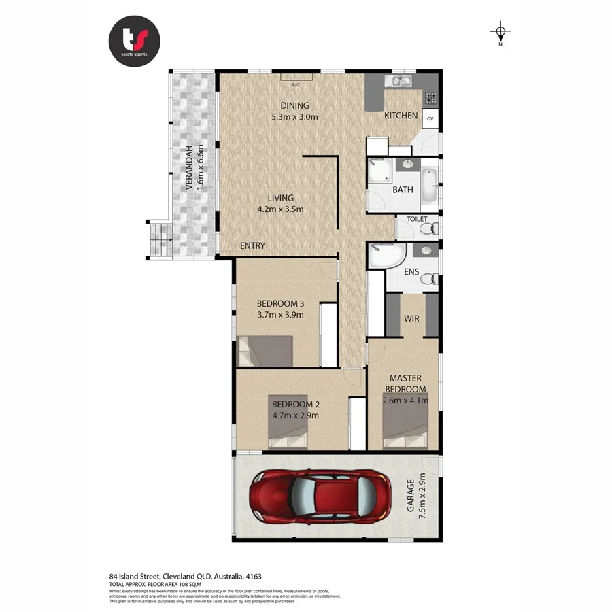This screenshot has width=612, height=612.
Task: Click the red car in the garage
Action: coord(320,496)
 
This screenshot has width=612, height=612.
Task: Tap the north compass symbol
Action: coord(501,31)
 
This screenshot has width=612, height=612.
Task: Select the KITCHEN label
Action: coord(401,116)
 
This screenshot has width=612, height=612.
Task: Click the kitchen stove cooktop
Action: coord(430,99)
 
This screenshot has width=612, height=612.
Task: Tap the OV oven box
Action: coord(430,119)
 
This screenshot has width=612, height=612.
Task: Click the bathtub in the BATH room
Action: coord(429,185)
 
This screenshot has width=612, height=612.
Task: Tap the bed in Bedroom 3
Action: coord(265,351)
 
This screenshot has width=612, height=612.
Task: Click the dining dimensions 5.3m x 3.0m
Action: coord(295,116)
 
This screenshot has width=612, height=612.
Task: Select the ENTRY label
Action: coord(252,245)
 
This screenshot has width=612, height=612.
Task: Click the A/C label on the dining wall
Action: coord(296,85)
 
